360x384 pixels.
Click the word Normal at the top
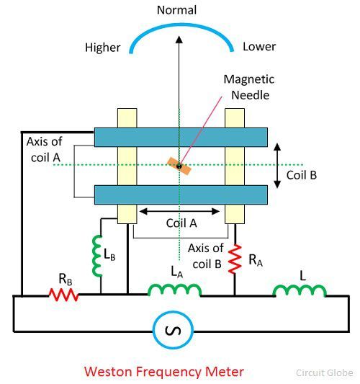177,11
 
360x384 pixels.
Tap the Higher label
103,48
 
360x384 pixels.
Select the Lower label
259,48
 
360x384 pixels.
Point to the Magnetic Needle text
248,86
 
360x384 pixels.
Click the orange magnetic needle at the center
179,166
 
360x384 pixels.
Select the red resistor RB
64,294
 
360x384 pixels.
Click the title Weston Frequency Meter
164,372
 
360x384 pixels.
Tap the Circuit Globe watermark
325,373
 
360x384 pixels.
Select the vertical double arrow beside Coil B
277,165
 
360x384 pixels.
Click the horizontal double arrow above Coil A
179,211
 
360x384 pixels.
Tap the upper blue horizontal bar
179,138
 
